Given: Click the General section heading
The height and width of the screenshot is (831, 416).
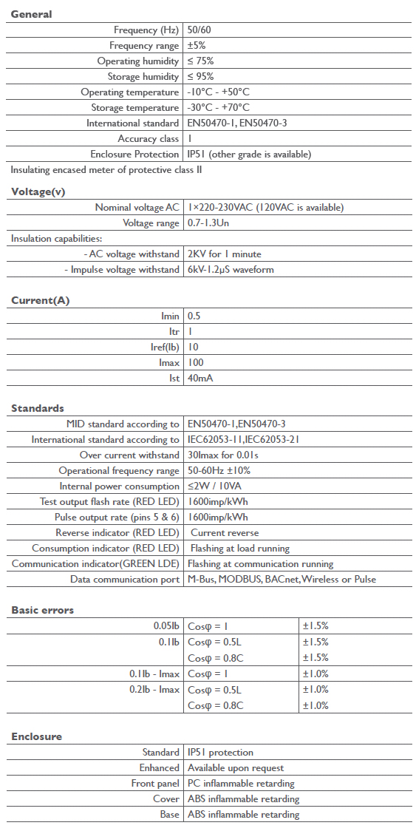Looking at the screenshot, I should tap(31, 14).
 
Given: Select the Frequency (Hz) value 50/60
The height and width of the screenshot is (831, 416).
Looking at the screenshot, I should tap(200, 30).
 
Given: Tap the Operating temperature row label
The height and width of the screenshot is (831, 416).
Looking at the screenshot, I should tap(129, 92).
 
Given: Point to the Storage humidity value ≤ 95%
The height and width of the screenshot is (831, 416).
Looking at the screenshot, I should tap(200, 77).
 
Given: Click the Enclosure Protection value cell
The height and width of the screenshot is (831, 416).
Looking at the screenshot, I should tap(249, 155).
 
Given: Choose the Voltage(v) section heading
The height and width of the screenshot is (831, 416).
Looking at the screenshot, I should tap(38, 192).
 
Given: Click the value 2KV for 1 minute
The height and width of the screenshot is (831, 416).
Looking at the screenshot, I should tap(224, 254).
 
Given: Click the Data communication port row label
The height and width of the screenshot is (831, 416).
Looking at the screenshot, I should tap(125, 580).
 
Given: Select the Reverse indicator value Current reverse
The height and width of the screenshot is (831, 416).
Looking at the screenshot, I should tap(225, 533).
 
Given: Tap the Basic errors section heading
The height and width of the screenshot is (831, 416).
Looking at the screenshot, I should tap(42, 610).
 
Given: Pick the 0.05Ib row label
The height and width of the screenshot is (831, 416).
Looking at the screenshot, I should tap(164, 626).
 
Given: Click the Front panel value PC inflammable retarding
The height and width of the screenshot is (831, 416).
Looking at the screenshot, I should tap(241, 784).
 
